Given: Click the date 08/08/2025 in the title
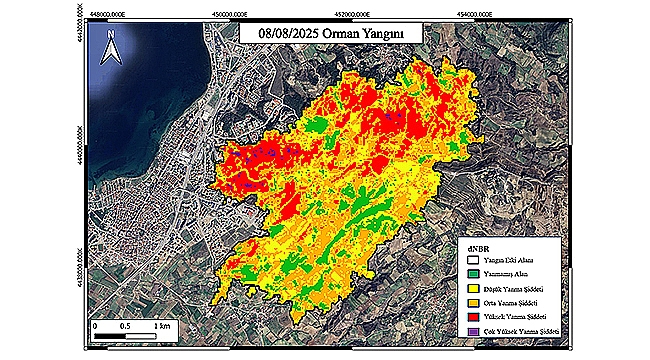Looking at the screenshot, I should pyautogui.click(x=286, y=33).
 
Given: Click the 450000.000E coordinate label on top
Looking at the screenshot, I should pyautogui.click(x=238, y=13).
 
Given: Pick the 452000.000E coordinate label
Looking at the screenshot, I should pyautogui.click(x=359, y=13).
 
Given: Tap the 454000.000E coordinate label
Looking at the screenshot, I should pyautogui.click(x=482, y=13).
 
